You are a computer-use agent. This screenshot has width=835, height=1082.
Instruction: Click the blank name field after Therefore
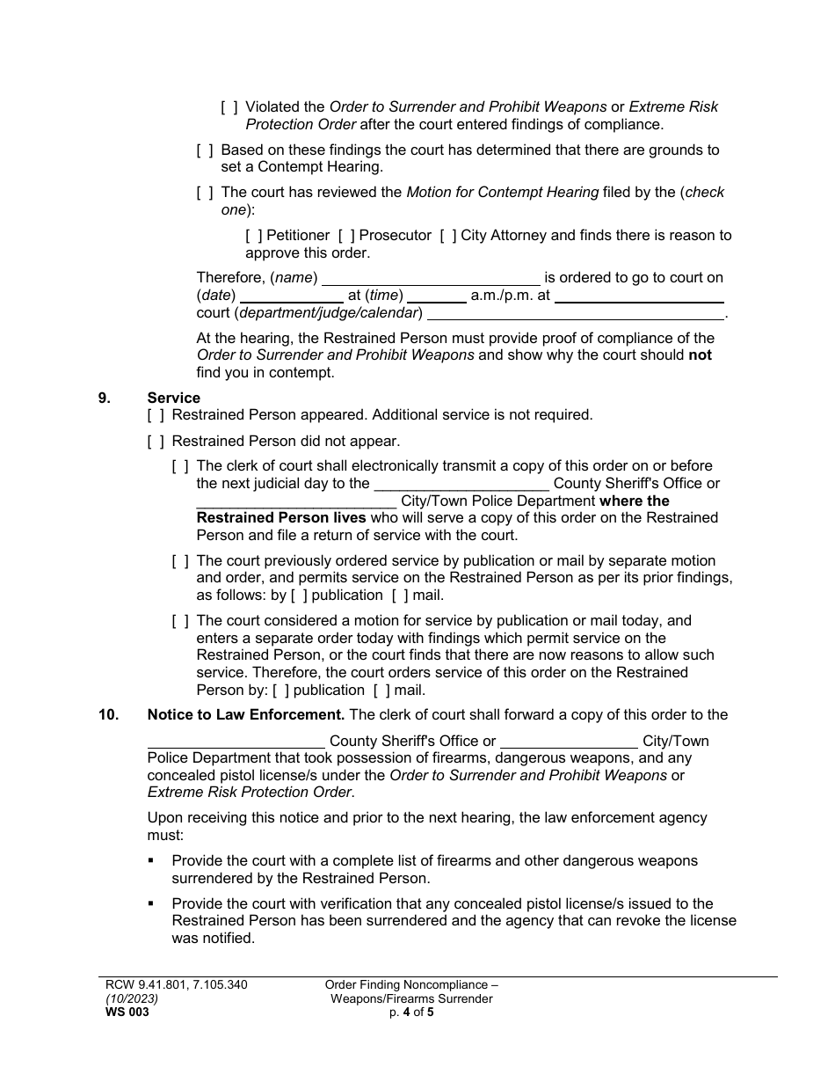point(431,279)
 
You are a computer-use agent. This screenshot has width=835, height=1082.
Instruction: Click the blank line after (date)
point(291,296)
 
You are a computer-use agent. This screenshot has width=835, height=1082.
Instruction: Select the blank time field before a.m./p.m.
point(436,296)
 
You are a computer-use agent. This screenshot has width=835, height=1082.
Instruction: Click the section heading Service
point(174,398)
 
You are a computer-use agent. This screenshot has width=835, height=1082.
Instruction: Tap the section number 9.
point(105,398)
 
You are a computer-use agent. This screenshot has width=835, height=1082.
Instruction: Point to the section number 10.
point(108,715)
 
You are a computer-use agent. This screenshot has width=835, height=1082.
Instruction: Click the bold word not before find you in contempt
point(700,355)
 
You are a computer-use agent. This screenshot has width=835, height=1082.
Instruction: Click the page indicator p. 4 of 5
point(411,1013)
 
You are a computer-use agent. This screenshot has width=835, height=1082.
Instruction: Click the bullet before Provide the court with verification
point(152,903)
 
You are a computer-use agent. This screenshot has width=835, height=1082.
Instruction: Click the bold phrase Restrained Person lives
point(281,518)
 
